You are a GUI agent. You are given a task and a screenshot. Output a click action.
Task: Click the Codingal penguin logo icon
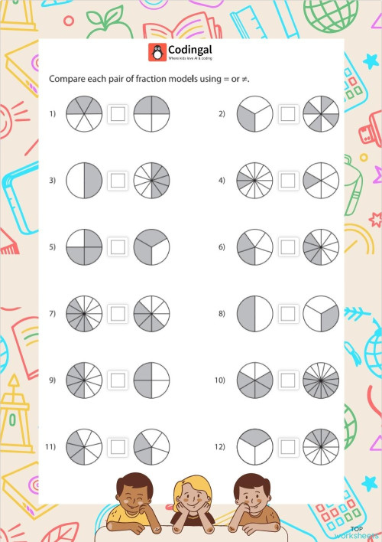pos(156,51)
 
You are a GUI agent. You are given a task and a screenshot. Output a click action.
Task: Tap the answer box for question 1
pos(118,114)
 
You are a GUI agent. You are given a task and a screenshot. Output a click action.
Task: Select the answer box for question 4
pos(287,181)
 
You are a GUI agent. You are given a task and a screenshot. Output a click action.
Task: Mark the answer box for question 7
pos(118,313)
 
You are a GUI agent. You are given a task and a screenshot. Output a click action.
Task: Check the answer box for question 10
pos(287,380)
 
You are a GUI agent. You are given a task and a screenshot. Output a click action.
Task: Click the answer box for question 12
pos(287,446)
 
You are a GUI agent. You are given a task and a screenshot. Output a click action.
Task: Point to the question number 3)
pos(53,181)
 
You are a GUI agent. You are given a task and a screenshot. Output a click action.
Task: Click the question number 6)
pos(222,247)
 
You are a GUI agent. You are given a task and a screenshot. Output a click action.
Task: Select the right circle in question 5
pos(151,247)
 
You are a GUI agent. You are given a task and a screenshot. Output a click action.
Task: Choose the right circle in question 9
pos(151,380)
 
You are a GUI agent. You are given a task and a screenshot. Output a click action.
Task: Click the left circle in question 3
pos(84,181)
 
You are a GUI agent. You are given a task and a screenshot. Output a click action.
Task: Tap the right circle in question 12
pos(321,446)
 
